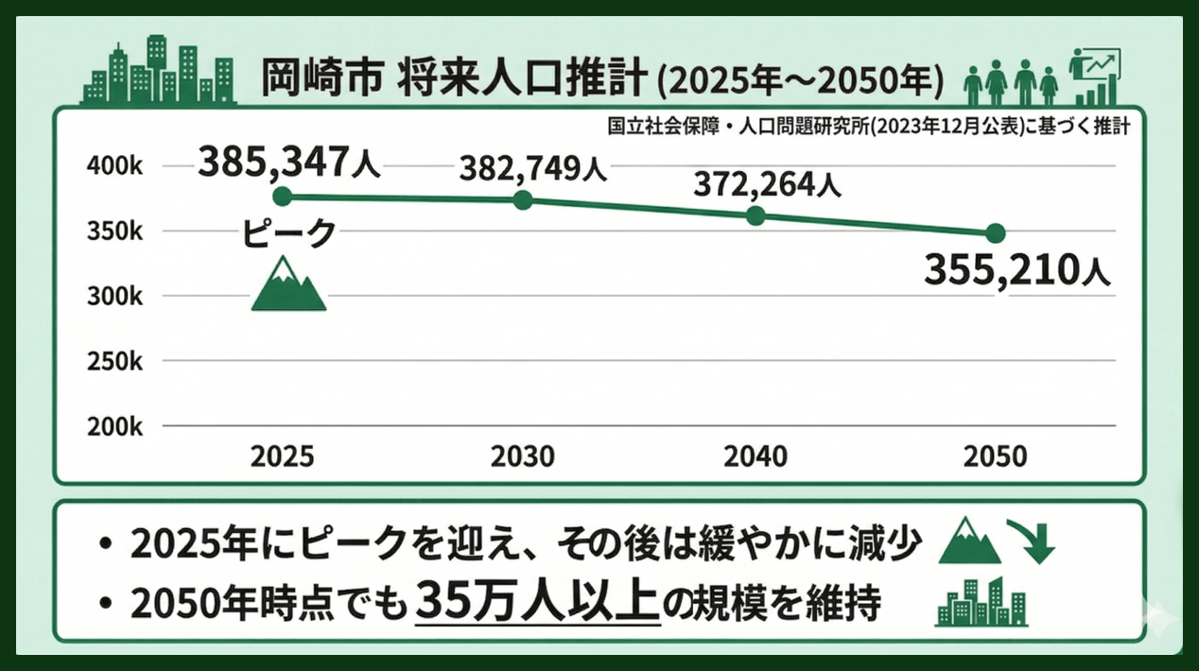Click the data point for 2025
[x=282, y=197]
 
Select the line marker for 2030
[x=523, y=200]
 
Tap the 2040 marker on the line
[x=756, y=215]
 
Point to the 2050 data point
[x=995, y=233]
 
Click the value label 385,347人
[x=288, y=163]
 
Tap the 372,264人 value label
[x=766, y=184]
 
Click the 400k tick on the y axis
[x=114, y=166]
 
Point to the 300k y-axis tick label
[x=114, y=296]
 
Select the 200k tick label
[x=114, y=426]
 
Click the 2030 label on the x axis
[x=523, y=456]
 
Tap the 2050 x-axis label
[x=995, y=456]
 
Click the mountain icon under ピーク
[x=288, y=286]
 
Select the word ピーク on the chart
[x=288, y=232]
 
